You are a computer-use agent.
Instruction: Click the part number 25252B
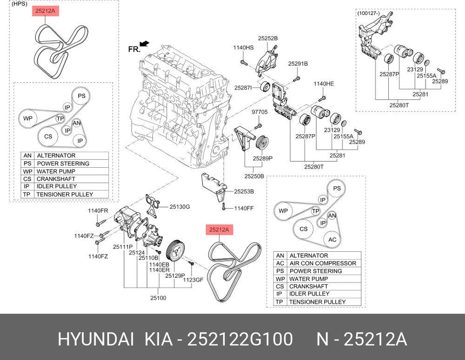coord(268,38)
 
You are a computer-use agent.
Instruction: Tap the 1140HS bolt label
coord(243,48)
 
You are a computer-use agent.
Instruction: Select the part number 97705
coord(260,112)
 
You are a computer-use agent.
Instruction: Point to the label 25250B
coord(255,177)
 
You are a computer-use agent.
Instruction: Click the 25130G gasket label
coord(179,206)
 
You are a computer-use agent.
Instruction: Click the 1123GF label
coord(193,280)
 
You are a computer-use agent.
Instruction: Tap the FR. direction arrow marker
coord(144,43)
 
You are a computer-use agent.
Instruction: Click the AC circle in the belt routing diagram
coord(332,240)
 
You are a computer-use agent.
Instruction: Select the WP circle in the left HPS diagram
coord(28,119)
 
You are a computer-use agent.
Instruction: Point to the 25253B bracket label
coord(244,191)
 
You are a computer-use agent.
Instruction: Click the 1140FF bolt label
coord(244,209)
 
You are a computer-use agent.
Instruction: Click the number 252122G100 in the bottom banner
coord(239,340)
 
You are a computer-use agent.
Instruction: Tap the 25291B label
coord(298,64)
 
